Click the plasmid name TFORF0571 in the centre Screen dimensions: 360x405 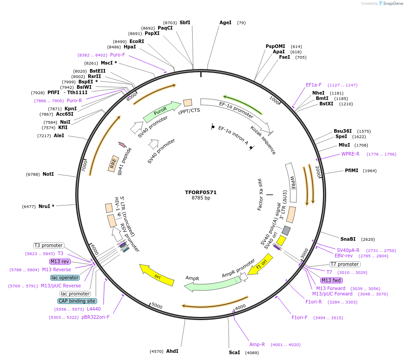pos(201,192)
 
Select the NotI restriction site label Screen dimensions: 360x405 pos(48,174)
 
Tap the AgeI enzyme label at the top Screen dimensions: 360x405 pos(225,22)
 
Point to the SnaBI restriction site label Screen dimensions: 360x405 pos(348,239)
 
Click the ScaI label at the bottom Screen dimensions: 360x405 pos(234,352)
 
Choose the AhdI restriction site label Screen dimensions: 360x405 pos(172,351)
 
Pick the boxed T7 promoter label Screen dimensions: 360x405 pos(345,264)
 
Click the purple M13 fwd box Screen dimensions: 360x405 pos(331,280)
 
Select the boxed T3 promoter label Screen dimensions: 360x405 pos(49,245)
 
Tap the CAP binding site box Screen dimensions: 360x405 pos(77,301)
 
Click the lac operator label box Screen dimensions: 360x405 pos(65,278)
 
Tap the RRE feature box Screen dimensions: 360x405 pos(113,163)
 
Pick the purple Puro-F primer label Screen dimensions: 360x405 pos(117,55)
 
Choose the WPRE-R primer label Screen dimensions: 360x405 pos(350,154)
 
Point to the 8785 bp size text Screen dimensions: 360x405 pos(201,198)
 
